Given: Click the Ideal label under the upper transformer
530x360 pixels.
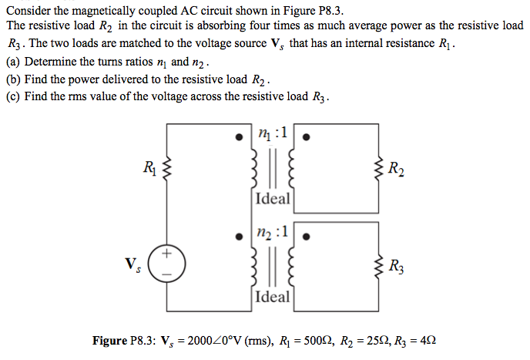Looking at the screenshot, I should pos(272,199).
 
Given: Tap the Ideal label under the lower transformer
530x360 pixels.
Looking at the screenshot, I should pos(272,297).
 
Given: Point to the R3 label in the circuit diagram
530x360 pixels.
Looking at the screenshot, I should pos(394,268).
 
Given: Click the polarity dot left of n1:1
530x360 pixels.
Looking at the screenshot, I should pos(242,139).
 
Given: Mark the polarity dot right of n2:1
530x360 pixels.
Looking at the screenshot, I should pos(307,237).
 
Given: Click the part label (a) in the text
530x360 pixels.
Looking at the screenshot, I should pos(12,61).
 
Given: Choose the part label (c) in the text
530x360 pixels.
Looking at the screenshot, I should pos(12,96).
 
